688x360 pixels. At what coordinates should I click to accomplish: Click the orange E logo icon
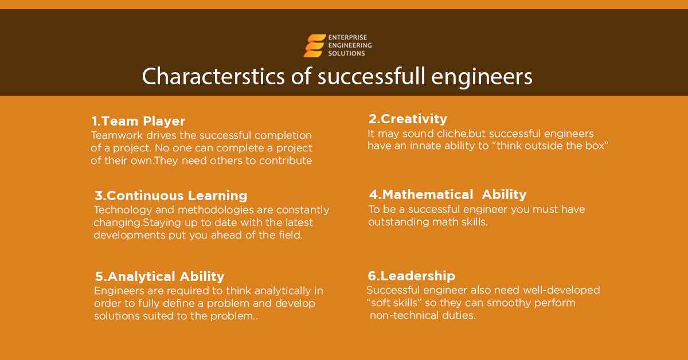pyautogui.click(x=314, y=46)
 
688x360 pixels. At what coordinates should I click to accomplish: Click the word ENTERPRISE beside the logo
pyautogui.click(x=347, y=38)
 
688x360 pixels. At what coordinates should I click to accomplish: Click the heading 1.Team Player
pyautogui.click(x=138, y=122)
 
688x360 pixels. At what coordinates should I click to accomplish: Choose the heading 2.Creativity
pyautogui.click(x=408, y=119)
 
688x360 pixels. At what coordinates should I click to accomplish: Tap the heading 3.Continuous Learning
pyautogui.click(x=171, y=195)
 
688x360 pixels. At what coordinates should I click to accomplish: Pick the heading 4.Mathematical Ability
pyautogui.click(x=447, y=194)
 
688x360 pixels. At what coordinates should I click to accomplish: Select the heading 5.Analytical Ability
pyautogui.click(x=159, y=277)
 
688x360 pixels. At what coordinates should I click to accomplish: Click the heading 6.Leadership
pyautogui.click(x=412, y=276)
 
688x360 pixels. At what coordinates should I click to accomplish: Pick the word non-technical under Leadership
pyautogui.click(x=402, y=315)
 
